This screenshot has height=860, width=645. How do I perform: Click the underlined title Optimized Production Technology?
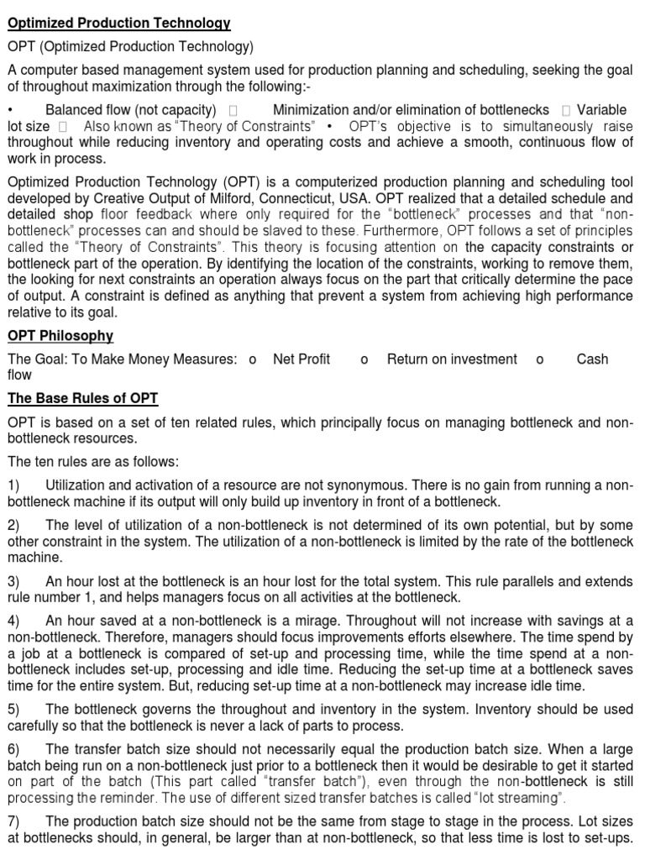(119, 23)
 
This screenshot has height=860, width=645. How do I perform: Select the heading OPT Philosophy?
(60, 336)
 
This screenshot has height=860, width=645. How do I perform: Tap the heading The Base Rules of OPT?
(82, 398)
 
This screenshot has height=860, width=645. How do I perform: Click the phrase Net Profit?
(302, 359)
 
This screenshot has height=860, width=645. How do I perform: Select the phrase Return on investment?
(452, 359)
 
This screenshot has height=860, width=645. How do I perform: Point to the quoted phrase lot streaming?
(517, 797)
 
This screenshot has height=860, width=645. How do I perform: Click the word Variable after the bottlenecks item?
(601, 110)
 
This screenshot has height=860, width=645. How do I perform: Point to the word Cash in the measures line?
(592, 359)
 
